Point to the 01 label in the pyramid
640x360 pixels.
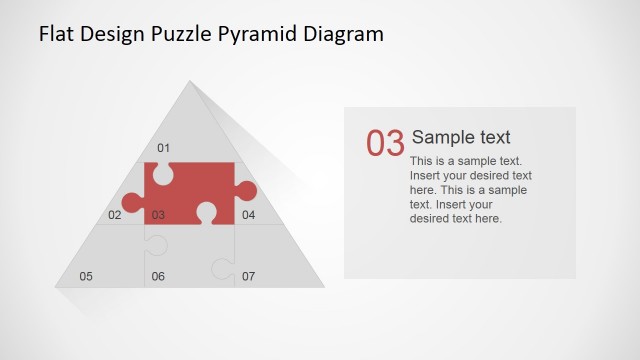point(163,149)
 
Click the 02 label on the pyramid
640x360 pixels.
point(115,215)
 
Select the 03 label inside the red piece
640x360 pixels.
point(158,215)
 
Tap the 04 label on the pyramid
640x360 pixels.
point(248,215)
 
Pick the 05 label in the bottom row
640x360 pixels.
point(86,276)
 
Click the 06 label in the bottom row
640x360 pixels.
point(158,276)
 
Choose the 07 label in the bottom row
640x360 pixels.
point(248,276)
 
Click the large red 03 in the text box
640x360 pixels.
point(385,144)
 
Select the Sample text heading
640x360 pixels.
point(461,138)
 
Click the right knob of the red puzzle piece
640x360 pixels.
point(247,191)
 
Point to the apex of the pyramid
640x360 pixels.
point(189,82)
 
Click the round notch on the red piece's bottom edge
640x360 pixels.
point(207,212)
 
